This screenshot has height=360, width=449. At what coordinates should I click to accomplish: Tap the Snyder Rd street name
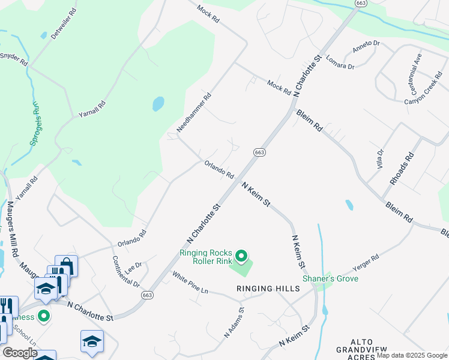pos(14,59)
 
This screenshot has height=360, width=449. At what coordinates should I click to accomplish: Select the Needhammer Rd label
pos(194,113)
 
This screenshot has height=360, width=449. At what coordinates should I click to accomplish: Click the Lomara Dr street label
pos(340,62)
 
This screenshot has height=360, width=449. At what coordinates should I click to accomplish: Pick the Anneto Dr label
pos(367,44)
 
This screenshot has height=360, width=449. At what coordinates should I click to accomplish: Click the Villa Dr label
pos(379,160)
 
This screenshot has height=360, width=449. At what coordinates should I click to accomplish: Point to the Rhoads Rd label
pos(402,169)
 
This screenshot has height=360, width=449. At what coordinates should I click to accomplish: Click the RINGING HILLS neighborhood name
pos(268,289)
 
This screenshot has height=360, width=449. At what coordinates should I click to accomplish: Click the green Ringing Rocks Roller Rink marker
pos(241,257)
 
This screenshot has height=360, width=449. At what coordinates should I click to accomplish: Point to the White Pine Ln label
pos(190,283)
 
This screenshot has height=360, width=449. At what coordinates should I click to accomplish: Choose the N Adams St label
pos(234,323)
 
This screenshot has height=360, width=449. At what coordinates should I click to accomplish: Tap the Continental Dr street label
pos(125,271)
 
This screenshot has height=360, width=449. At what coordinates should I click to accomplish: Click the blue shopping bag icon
pos(67,265)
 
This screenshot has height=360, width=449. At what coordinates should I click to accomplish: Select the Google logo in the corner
pos(20,353)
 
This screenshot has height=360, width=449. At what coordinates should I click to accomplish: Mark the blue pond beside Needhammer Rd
pos(158,104)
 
